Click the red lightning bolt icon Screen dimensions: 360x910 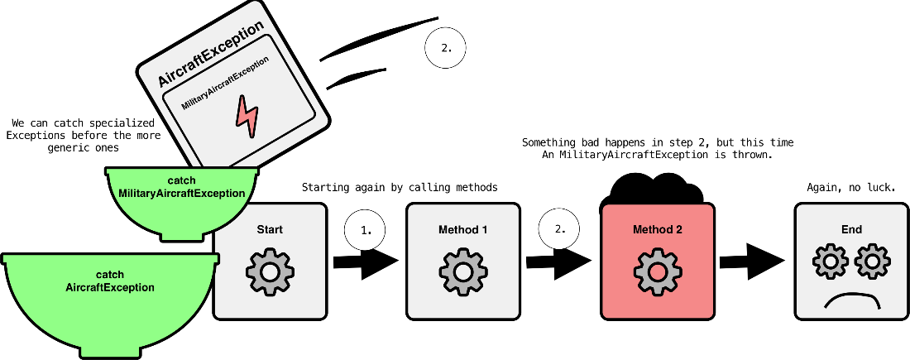tap(247, 117)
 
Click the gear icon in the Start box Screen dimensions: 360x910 tap(270, 271)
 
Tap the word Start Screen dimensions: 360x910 tap(270, 229)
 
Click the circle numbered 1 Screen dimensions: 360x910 tap(366, 231)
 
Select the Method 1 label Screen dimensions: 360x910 tap(463, 229)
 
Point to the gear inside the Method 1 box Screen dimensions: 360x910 tap(463, 271)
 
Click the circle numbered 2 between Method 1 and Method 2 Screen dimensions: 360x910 tap(560, 228)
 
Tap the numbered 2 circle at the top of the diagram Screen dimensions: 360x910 tap(446, 48)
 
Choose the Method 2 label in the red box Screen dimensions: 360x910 tap(657, 229)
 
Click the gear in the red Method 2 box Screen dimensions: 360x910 tap(657, 271)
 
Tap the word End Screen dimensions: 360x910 tap(851, 229)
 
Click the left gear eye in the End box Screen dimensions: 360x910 tap(829, 262)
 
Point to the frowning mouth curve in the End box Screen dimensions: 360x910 tap(851, 298)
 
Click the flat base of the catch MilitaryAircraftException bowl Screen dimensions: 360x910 tap(182, 236)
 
